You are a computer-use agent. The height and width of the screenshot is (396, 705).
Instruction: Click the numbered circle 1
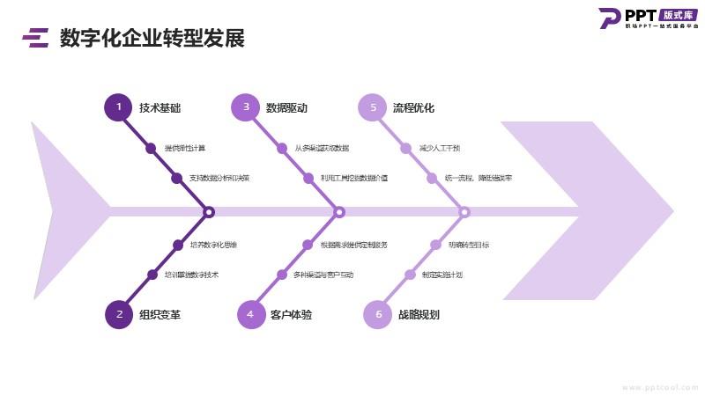tap(118, 107)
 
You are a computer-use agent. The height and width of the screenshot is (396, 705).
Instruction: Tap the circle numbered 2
tap(119, 314)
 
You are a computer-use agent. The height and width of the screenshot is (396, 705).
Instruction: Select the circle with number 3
tap(246, 107)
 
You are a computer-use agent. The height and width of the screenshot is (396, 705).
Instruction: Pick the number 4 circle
tap(250, 314)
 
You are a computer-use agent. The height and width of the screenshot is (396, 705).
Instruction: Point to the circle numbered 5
tap(373, 107)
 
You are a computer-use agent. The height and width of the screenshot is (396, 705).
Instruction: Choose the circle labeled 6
tap(378, 314)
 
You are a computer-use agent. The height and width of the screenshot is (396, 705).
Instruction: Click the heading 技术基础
tap(160, 108)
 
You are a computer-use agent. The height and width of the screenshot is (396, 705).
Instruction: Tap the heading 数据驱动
tap(286, 108)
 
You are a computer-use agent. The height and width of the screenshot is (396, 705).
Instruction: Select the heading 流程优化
tap(413, 108)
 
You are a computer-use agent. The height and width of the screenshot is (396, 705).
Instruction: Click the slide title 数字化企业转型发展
tap(152, 38)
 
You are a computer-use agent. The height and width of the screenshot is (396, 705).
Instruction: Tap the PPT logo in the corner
tap(648, 18)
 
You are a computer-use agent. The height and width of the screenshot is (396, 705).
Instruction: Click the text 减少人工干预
tap(440, 148)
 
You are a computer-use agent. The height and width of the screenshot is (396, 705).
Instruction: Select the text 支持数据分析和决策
tap(219, 178)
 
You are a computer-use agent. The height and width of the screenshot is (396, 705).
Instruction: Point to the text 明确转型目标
tap(469, 245)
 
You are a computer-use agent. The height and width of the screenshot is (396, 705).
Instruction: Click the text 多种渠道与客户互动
tap(323, 275)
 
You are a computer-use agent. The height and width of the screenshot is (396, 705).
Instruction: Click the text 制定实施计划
tap(442, 275)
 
